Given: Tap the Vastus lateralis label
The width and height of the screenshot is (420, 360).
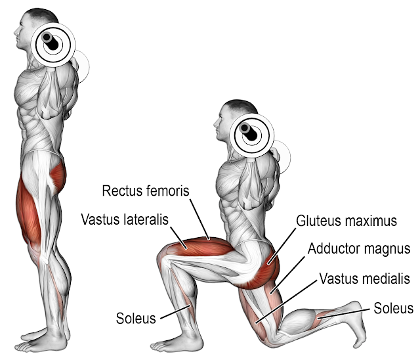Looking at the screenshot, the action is pos(125,218).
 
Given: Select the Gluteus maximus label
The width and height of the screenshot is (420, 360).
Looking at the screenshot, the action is pos(346,221).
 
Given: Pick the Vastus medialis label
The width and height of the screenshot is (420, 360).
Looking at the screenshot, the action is pos(365,279).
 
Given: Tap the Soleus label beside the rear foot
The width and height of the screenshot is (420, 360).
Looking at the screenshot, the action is pos(393,308).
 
